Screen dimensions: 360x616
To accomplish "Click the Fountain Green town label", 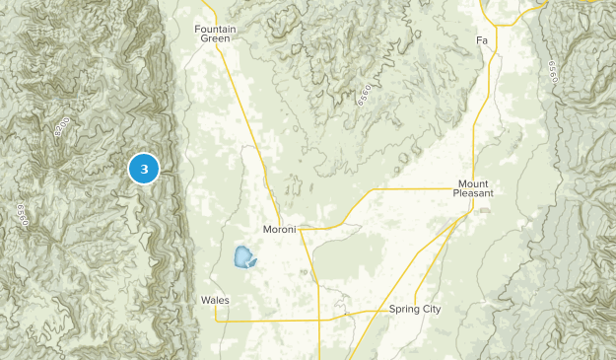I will coord(216,34).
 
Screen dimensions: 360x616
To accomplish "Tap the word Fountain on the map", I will coord(216,29).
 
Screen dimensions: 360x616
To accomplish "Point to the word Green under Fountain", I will coord(216,39).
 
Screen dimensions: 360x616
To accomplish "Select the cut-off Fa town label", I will coord(482,40).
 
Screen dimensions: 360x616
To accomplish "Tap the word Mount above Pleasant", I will coord(473,183).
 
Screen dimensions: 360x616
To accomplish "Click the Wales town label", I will coord(215,299).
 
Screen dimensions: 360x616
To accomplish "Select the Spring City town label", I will coord(415,309).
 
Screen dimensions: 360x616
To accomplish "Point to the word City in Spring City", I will coord(431,309).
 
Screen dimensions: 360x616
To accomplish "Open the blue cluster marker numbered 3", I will coord(144,170).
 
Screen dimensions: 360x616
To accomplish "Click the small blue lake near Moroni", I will coord(242,258).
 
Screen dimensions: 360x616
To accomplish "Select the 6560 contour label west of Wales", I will coord(19,216).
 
